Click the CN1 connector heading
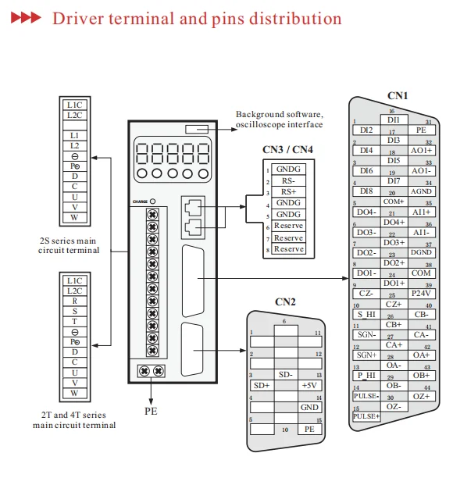pyautogui.click(x=398, y=96)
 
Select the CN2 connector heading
pyautogui.click(x=285, y=302)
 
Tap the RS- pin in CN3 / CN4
pyautogui.click(x=288, y=180)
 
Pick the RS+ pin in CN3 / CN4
pyautogui.click(x=288, y=191)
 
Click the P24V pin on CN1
pyautogui.click(x=422, y=293)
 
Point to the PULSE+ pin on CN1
pyautogui.click(x=366, y=416)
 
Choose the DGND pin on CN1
pyautogui.click(x=422, y=252)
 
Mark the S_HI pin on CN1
pyautogui.click(x=367, y=314)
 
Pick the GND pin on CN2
pyautogui.click(x=309, y=407)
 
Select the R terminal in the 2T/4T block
pyautogui.click(x=75, y=301)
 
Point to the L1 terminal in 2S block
pyautogui.click(x=75, y=135)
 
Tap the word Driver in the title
pyautogui.click(x=77, y=18)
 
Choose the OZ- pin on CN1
pyautogui.click(x=394, y=406)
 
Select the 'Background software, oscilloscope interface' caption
pyautogui.click(x=279, y=119)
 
